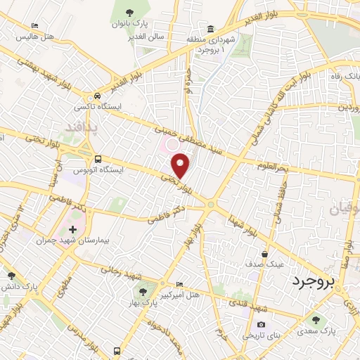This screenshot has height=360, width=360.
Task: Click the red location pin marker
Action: pyautogui.click(x=181, y=165)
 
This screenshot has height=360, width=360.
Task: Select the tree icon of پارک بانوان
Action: pyautogui.click(x=129, y=12)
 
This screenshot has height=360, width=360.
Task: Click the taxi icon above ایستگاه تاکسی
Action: pyautogui.click(x=96, y=96)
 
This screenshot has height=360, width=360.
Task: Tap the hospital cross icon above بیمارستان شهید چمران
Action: pyautogui.click(x=72, y=230)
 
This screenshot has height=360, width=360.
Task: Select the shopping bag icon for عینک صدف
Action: pyautogui.click(x=264, y=254)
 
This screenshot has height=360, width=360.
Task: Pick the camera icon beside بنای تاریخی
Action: pyautogui.click(x=261, y=324)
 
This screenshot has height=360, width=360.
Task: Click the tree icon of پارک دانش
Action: pyautogui.click(x=11, y=276)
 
